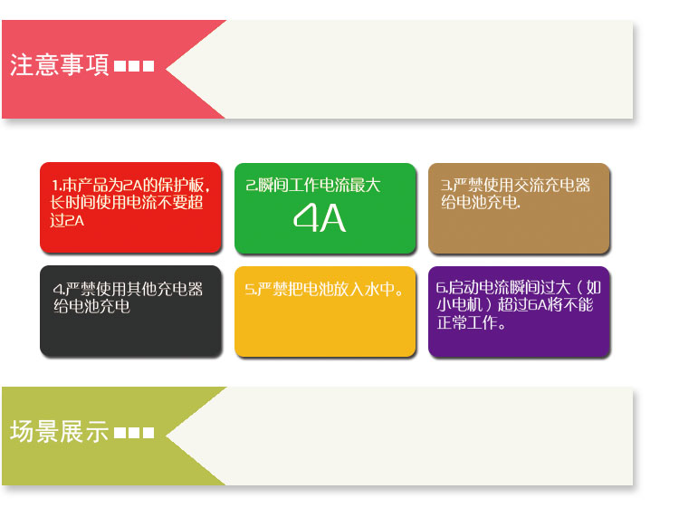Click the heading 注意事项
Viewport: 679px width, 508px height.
[60, 66]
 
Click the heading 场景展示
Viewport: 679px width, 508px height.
[60, 432]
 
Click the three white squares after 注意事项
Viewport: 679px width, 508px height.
[134, 67]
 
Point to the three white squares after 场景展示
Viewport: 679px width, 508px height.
[134, 433]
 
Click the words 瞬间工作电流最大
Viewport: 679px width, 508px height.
[320, 186]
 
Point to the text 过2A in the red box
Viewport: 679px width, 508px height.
[68, 220]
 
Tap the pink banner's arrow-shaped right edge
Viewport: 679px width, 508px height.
[195, 69]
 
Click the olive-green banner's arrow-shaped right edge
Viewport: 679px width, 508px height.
[195, 435]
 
